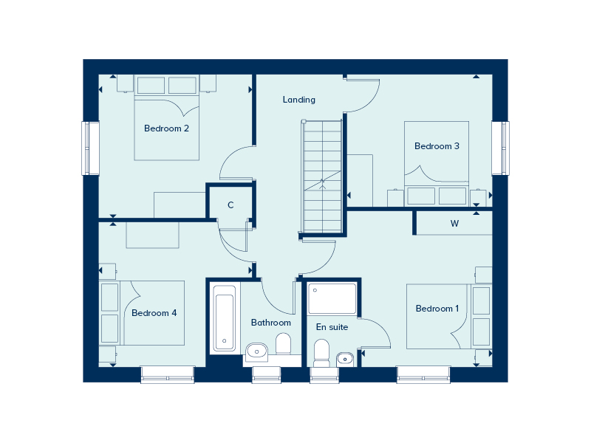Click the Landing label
click(299, 100)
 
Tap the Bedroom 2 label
click(166, 128)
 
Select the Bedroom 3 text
click(437, 146)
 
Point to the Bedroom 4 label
click(154, 313)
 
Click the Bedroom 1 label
click(437, 309)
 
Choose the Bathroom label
click(271, 323)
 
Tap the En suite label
click(332, 327)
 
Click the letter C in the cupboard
click(230, 205)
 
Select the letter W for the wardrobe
click(454, 224)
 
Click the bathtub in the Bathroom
click(225, 318)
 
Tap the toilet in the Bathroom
click(284, 343)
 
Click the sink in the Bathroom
click(256, 352)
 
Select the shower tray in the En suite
click(332, 299)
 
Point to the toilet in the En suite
click(321, 353)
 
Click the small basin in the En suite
click(345, 359)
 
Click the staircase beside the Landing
click(322, 176)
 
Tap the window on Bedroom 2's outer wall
click(90, 148)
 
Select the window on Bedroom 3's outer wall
click(500, 148)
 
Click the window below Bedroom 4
click(168, 374)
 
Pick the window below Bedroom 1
click(423, 374)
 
